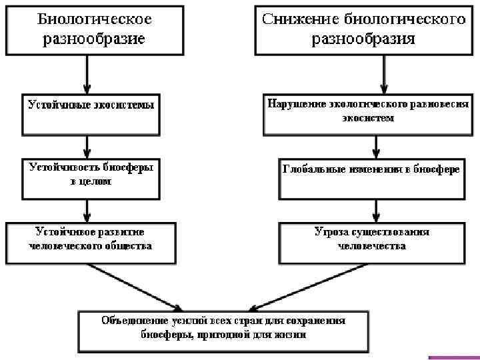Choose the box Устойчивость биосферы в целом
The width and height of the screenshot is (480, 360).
[x=91, y=178]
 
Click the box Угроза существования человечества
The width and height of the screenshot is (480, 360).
[x=371, y=243]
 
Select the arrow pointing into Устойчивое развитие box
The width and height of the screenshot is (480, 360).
[x=87, y=211]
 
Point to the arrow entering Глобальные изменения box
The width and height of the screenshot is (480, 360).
[x=377, y=146]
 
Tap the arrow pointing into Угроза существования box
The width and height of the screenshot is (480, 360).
[x=377, y=211]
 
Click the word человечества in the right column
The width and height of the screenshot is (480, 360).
[x=372, y=246]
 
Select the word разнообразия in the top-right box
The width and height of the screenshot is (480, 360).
[x=363, y=39]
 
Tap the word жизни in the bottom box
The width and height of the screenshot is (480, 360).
[x=293, y=335]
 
